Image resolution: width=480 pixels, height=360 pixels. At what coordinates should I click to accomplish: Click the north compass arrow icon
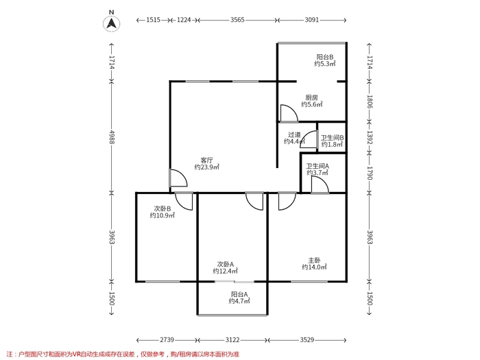point(111,23)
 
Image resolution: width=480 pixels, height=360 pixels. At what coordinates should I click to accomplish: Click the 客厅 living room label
point(206,160)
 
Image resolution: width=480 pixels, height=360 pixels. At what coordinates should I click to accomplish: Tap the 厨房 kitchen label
point(311,97)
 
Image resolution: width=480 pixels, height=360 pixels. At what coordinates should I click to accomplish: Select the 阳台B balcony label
point(325,57)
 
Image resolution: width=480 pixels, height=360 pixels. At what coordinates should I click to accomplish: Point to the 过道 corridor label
point(294,134)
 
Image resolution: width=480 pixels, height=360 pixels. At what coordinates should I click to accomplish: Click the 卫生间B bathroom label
point(332,138)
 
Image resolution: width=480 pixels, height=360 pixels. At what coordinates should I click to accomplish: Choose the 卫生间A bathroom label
point(317,166)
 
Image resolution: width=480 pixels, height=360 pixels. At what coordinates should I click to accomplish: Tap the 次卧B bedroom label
point(163,208)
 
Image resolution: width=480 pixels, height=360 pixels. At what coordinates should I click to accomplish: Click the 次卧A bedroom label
point(226,264)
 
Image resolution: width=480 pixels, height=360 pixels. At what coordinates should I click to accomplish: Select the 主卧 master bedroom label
point(314,261)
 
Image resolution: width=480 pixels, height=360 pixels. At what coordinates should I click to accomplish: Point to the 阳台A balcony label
point(239,294)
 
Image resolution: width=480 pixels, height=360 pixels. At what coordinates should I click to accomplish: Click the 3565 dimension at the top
point(237,20)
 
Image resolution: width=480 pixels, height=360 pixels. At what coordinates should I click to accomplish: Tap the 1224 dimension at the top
point(184,20)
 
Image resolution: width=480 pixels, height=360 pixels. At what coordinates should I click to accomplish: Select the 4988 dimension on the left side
point(111,137)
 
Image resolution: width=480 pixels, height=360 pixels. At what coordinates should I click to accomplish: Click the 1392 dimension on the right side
point(370,137)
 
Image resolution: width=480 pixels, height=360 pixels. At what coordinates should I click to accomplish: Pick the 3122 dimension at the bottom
point(232,340)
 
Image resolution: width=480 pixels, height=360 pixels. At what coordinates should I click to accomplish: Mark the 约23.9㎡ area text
point(207,167)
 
